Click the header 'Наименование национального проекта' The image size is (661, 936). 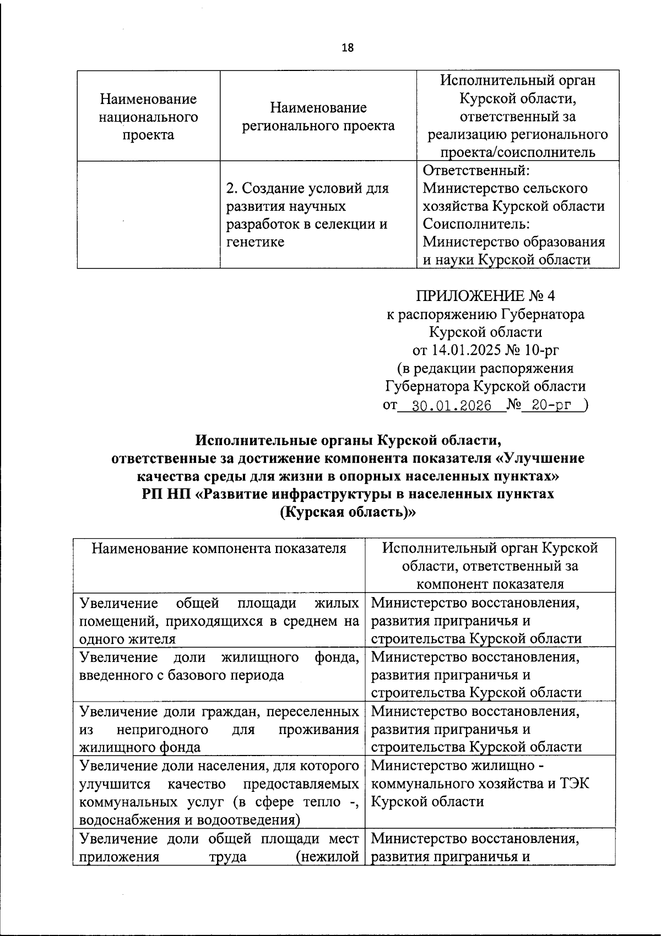tap(148, 117)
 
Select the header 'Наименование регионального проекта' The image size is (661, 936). tap(318, 117)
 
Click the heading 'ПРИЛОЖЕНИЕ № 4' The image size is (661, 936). tap(485, 296)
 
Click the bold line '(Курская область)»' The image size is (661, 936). tap(347, 512)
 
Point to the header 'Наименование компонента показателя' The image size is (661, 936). tap(219, 549)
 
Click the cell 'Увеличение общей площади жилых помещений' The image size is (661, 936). tap(219, 621)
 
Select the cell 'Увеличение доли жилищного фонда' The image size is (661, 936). tap(219, 666)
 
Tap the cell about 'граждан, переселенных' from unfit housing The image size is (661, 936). tap(219, 729)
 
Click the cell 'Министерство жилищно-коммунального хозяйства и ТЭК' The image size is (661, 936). tap(479, 783)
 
